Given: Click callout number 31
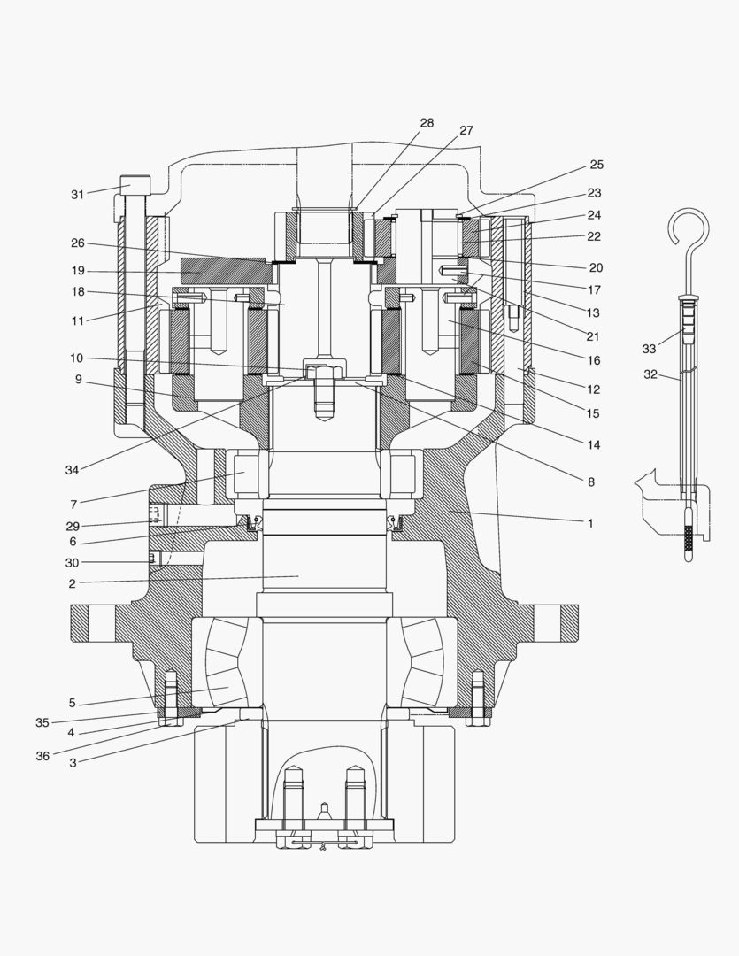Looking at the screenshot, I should pos(77,195).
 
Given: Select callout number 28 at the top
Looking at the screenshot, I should pos(427,123).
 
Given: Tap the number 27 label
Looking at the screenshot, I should pos(466,130).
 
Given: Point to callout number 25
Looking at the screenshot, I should pos(596,165).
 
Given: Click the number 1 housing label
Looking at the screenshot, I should pos(590,523).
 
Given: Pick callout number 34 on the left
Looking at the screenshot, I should pos(72,470).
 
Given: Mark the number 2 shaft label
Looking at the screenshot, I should pos(72,583).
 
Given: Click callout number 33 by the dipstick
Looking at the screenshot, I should pos(649,349).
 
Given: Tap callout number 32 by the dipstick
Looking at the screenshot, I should pos(650,374).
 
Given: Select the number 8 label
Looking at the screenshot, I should pos(590,482).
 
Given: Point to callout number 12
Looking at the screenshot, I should pos(593,389).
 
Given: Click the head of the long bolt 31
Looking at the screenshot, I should pos(135,185).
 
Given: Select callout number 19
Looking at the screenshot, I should pos(77,271).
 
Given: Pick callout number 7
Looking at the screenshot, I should pos(73,505).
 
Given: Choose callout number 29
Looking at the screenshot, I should pos(72,526).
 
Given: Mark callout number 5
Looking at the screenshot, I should pos(72,704).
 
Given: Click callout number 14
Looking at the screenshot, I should pos(593,445).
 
